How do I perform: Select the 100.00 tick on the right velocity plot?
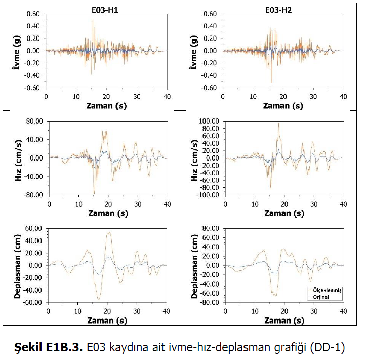click(x=209, y=121)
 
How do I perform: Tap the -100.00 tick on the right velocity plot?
click(x=207, y=195)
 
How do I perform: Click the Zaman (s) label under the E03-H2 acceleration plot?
click(x=283, y=106)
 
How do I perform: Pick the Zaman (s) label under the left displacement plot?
click(x=108, y=321)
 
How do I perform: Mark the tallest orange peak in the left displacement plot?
click(x=108, y=233)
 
